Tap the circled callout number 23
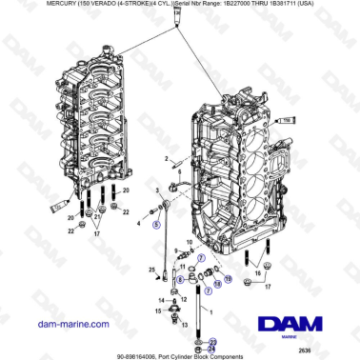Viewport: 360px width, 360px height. point(212,341)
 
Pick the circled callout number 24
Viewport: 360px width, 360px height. point(212,350)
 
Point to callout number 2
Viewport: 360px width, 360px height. point(167,158)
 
